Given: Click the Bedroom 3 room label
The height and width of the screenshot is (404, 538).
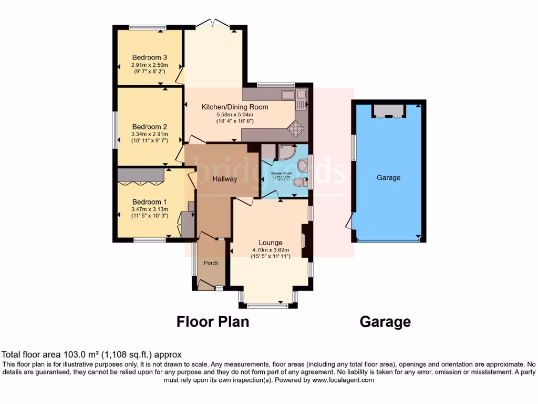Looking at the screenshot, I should tap(149, 57).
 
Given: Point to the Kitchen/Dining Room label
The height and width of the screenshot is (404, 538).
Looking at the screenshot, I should tap(235, 107).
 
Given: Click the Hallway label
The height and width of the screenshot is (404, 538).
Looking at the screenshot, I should tap(225, 179).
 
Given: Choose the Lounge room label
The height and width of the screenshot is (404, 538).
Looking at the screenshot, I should tap(270, 243).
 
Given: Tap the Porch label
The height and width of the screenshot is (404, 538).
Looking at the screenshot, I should tap(211, 263).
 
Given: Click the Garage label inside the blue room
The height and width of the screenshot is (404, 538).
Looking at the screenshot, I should tap(388, 178).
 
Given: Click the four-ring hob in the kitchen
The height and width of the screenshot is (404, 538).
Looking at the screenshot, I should tap(296, 128).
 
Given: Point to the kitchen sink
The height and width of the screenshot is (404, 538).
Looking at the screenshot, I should tap(288, 95).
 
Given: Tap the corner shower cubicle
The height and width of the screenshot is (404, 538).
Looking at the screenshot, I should tap(286, 152).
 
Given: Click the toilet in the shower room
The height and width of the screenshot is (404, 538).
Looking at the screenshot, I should tap(299, 182).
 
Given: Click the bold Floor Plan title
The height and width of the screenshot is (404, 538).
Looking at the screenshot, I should tap(212, 321).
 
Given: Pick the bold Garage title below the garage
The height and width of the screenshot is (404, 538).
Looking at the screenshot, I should tap(385, 321).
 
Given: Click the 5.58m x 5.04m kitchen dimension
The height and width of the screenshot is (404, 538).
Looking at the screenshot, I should tap(235, 115).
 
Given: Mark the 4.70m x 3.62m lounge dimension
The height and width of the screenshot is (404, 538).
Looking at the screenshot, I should tap(270, 250).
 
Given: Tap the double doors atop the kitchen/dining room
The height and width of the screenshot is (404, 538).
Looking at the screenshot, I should tap(213, 23).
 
